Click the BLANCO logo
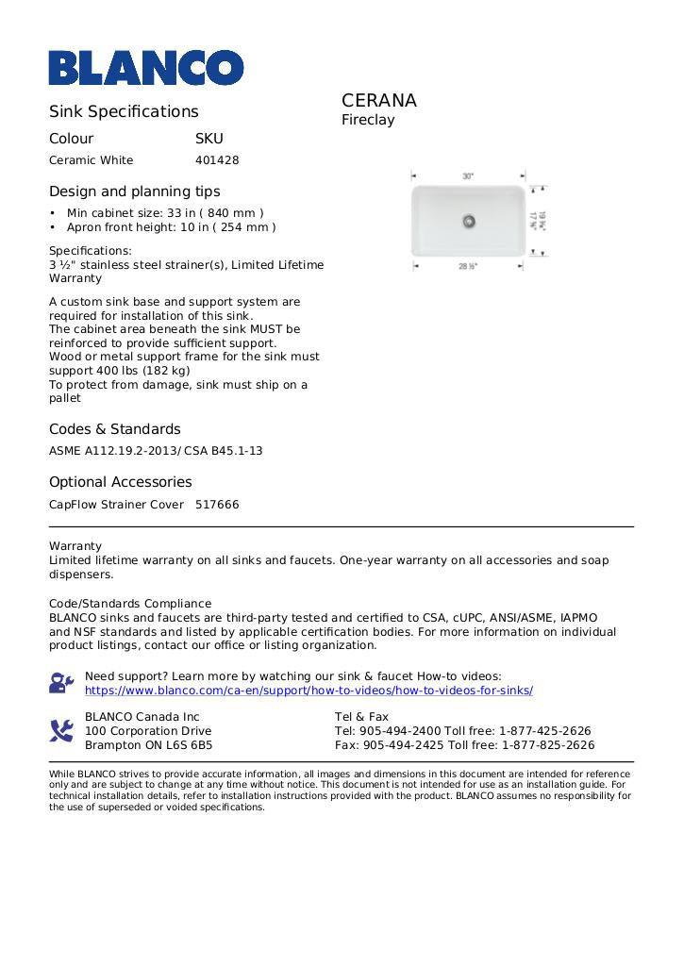click(146, 67)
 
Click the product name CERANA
click(378, 101)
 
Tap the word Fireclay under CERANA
click(368, 121)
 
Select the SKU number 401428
click(217, 160)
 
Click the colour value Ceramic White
click(92, 160)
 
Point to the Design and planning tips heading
click(134, 192)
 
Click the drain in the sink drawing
click(468, 221)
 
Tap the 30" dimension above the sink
click(468, 176)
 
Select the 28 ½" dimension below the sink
click(468, 267)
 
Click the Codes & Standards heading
click(114, 429)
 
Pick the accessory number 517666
click(217, 505)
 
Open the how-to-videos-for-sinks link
click(309, 691)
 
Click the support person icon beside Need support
click(61, 683)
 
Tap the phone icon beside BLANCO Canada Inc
click(61, 730)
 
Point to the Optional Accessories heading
click(120, 482)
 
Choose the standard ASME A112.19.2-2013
click(111, 451)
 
